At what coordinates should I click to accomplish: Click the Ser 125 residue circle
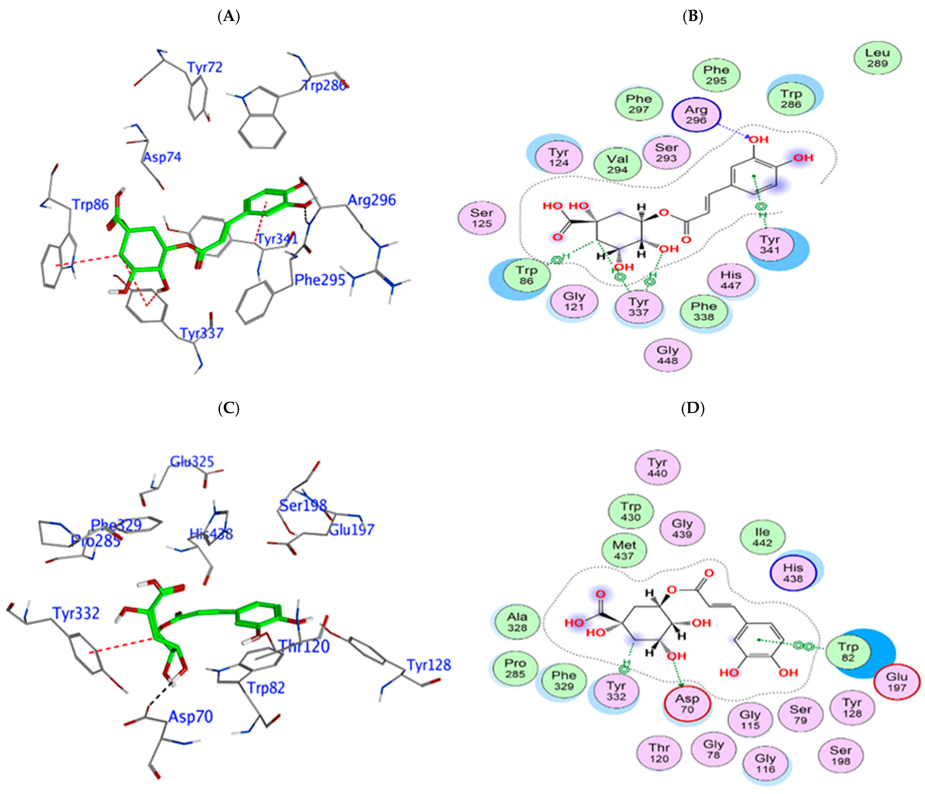click(x=482, y=218)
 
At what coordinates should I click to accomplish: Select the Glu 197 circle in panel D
click(x=897, y=682)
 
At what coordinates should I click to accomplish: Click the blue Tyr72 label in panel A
click(x=205, y=67)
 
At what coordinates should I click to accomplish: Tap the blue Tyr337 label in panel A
click(x=201, y=333)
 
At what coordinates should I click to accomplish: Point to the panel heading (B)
click(x=693, y=16)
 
